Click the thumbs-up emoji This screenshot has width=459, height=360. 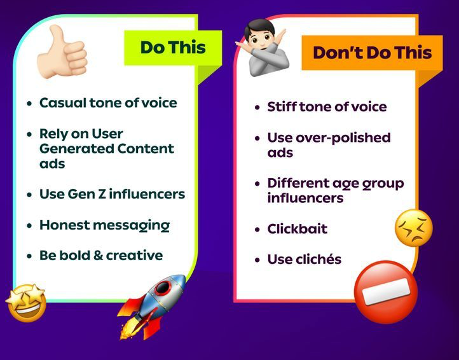pyautogui.click(x=62, y=52)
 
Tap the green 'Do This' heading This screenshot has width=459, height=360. pyautogui.click(x=173, y=48)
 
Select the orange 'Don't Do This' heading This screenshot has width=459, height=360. pyautogui.click(x=372, y=53)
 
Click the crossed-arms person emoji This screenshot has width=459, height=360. pyautogui.click(x=263, y=48)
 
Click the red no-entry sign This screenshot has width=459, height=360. pyautogui.click(x=385, y=292)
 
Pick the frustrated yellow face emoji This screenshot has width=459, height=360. pyautogui.click(x=414, y=228)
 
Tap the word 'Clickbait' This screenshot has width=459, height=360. pyautogui.click(x=298, y=228)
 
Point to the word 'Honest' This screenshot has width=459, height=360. pyautogui.click(x=64, y=225)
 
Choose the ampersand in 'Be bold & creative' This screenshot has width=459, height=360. pyautogui.click(x=98, y=256)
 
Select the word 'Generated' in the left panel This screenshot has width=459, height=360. pyautogui.click(x=76, y=148)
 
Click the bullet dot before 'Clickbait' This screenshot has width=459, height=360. pyautogui.click(x=257, y=229)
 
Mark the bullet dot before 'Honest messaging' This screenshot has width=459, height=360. pyautogui.click(x=29, y=226)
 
